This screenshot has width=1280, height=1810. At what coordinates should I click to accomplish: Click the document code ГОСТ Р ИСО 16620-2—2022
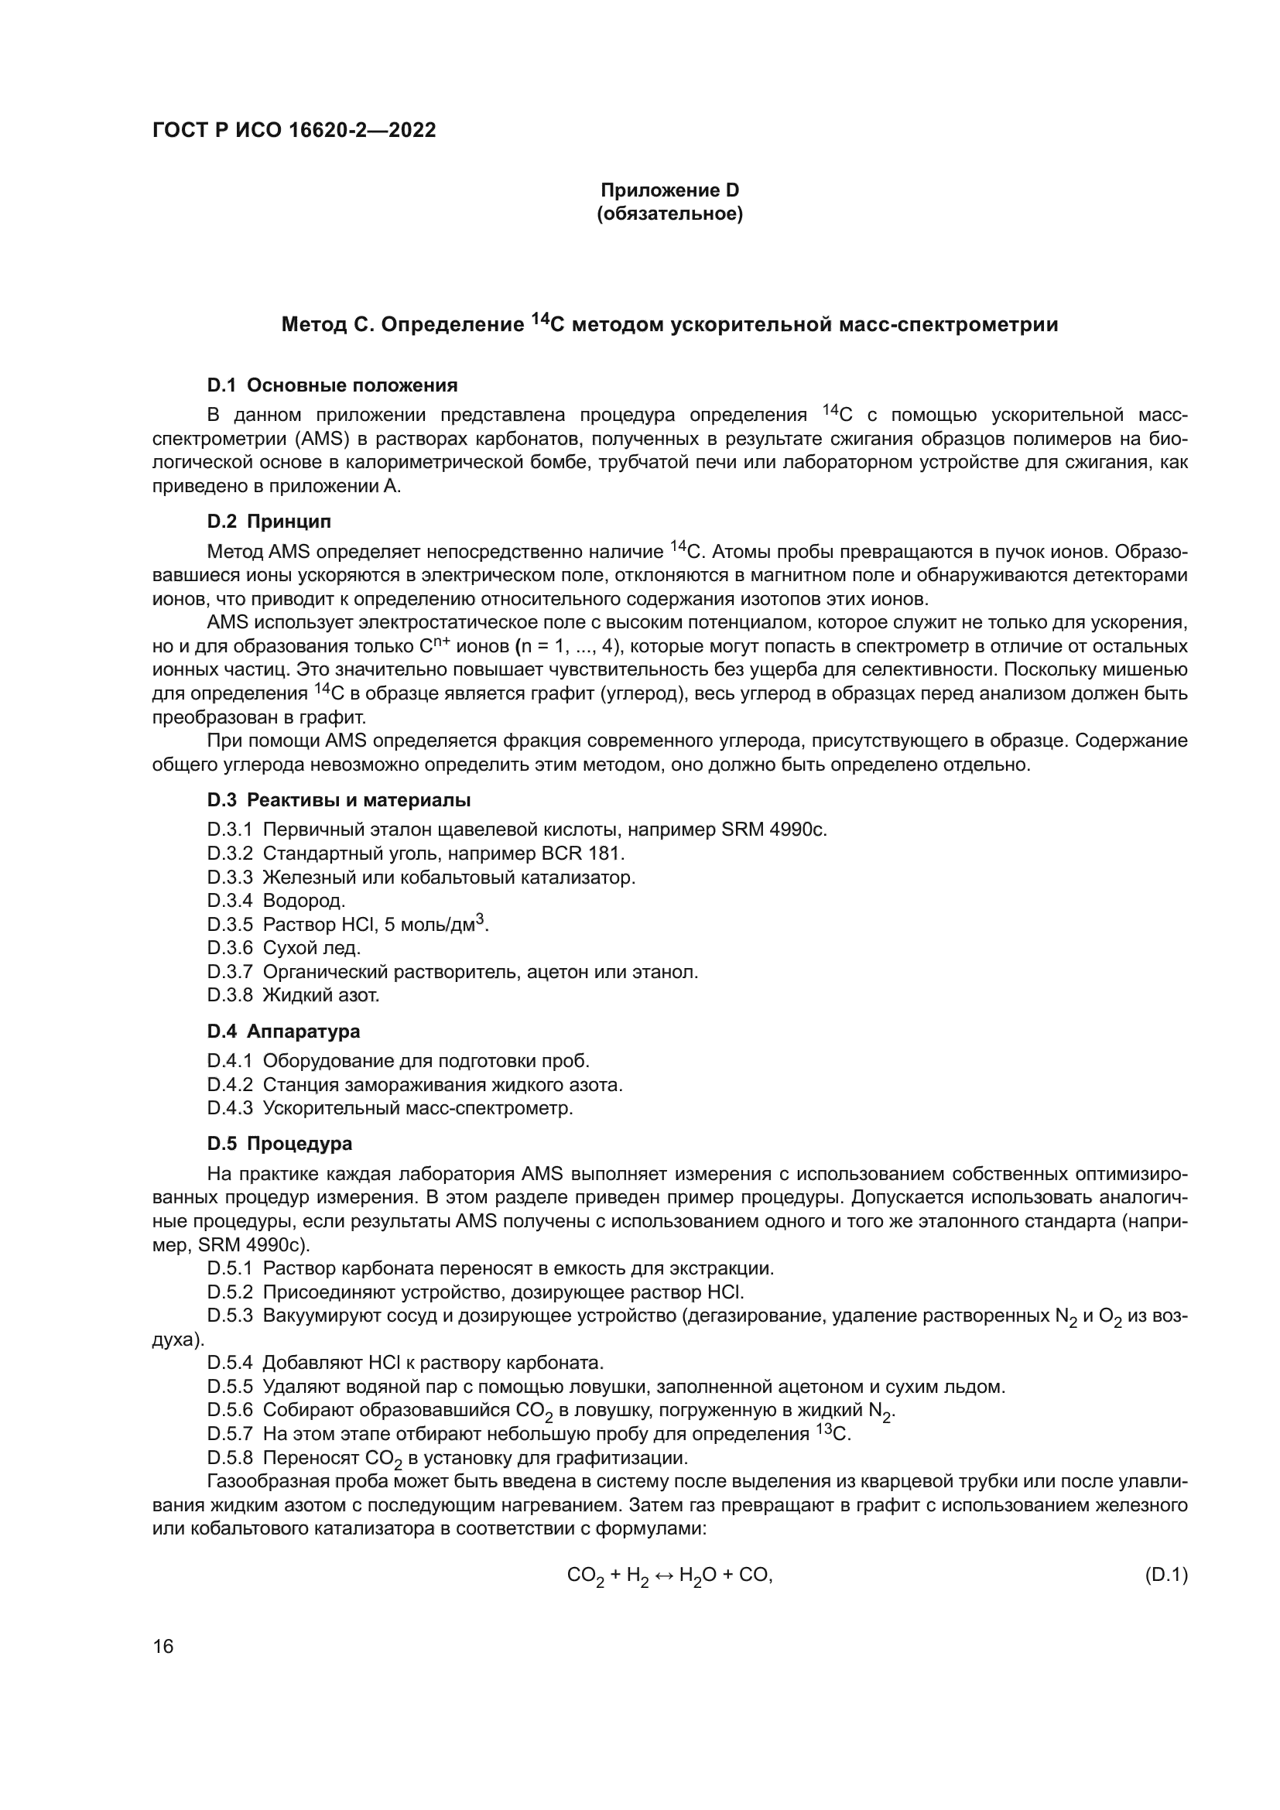pos(293,131)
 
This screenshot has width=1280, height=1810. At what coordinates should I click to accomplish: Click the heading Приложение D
pos(669,191)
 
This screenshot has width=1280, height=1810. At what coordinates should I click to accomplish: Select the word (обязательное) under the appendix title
pos(669,214)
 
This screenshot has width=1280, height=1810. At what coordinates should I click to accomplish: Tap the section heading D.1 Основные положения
pos(332,385)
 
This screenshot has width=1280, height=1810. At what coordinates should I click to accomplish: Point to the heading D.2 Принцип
pos(269,521)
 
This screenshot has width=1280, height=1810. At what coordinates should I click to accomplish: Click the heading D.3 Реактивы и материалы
pos(339,800)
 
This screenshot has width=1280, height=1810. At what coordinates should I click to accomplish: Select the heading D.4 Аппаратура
pos(284,1031)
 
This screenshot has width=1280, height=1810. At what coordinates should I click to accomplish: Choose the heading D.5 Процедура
pos(280,1143)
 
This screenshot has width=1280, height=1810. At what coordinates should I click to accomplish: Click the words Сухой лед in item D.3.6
pos(311,948)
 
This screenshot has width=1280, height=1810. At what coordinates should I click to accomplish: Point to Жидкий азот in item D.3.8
pos(321,995)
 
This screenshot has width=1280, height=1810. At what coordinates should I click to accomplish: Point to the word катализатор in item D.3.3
pos(578,877)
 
